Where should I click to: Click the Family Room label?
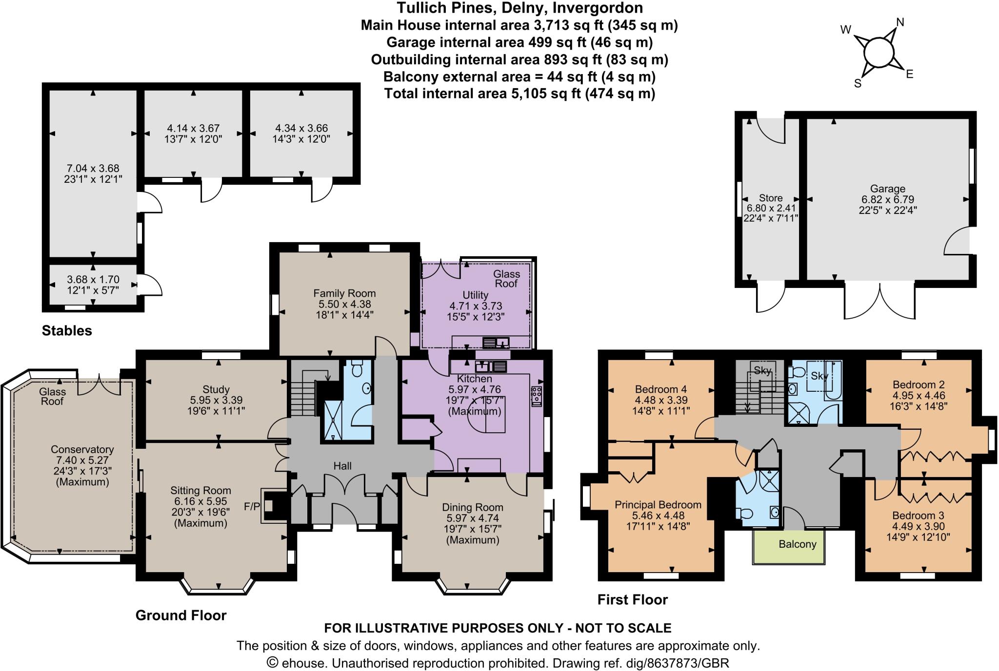click(x=344, y=293)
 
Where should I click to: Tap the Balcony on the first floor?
click(x=797, y=544)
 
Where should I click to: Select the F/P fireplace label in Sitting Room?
click(x=252, y=507)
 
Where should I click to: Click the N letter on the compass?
click(x=900, y=22)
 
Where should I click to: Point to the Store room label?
click(x=771, y=198)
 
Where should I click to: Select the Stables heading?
click(x=67, y=331)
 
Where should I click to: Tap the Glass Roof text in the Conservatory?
click(x=52, y=397)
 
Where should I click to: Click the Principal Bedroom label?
click(x=658, y=505)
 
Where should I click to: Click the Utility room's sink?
click(x=496, y=343)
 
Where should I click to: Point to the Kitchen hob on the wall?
click(x=537, y=396)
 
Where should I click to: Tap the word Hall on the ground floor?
click(x=342, y=466)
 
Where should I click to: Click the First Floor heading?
click(x=632, y=600)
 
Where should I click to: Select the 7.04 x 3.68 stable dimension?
click(x=93, y=169)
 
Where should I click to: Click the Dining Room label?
click(x=473, y=507)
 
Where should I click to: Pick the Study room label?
click(x=216, y=389)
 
